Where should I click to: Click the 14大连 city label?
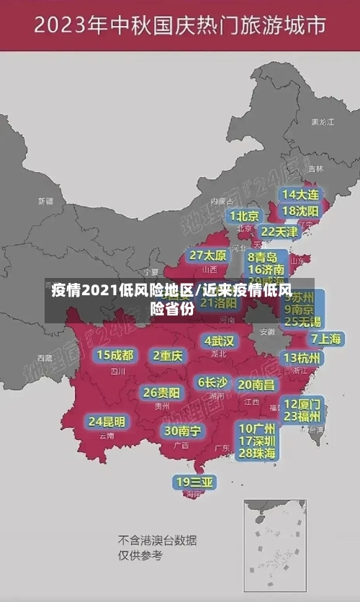[x=300, y=194]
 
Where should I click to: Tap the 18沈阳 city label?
[x=300, y=211]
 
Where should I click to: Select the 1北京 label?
[x=245, y=216]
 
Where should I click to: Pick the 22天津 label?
[x=279, y=232]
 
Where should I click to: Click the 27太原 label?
[x=208, y=256]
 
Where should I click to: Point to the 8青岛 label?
[x=263, y=257]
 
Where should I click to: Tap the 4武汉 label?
[x=220, y=341]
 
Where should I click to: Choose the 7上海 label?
[x=325, y=339]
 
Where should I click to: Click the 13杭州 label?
[x=303, y=358]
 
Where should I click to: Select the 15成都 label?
[x=115, y=355]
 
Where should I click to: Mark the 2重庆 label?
[x=168, y=355]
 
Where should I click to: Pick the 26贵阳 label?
[x=162, y=392]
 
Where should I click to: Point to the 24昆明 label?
[x=107, y=421]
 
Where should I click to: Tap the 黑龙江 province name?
[x=322, y=122]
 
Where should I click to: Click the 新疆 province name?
[x=46, y=201]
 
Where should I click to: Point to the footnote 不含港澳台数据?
[x=158, y=540]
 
